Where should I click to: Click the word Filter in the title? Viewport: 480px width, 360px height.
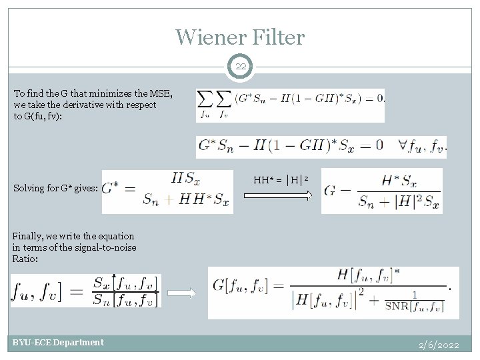point(275,37)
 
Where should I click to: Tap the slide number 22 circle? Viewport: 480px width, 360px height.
point(240,66)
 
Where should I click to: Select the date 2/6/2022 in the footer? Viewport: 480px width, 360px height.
point(439,345)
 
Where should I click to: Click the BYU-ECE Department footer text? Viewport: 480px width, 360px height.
point(58,343)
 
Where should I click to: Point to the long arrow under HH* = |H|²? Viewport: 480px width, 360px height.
point(277,195)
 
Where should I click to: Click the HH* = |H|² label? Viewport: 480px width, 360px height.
point(280,179)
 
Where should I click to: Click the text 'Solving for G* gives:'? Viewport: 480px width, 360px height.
point(56,189)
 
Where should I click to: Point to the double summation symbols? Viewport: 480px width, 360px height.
point(215,104)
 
